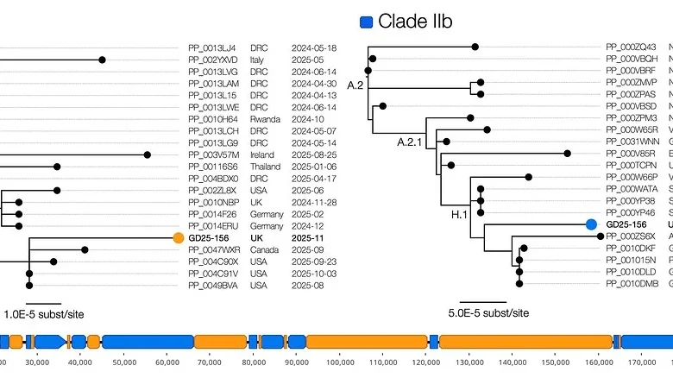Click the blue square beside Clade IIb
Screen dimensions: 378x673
pos(366,21)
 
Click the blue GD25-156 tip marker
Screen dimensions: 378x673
pos(591,224)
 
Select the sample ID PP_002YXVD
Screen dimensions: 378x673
pos(211,60)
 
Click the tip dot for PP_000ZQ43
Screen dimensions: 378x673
pos(475,47)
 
